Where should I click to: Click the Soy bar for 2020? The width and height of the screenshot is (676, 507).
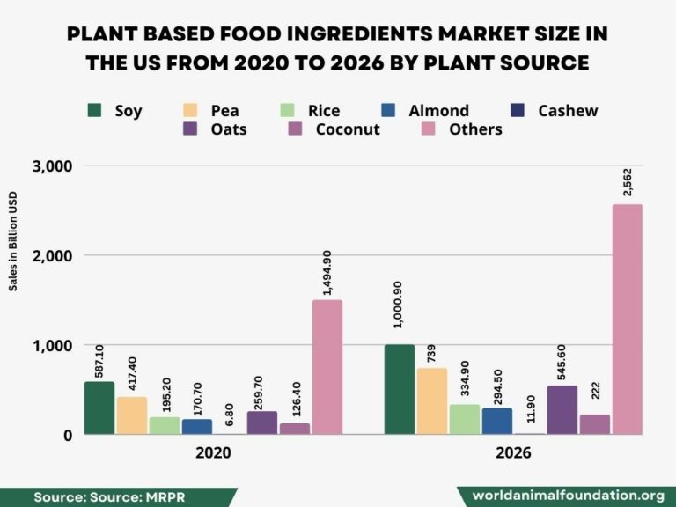coord(99,408)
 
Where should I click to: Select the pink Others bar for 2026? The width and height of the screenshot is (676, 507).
coord(628,320)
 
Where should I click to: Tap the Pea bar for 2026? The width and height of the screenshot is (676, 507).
coord(432,401)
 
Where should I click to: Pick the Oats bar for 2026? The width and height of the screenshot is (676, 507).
coord(562,410)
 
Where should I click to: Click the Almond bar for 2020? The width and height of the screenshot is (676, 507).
coord(197,427)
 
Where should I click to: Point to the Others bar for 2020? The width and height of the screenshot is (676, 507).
coord(327,367)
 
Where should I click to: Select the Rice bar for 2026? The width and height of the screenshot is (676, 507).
coord(465,419)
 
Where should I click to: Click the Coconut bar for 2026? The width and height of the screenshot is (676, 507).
coord(595,424)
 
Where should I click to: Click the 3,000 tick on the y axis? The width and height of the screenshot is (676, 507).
coord(53,166)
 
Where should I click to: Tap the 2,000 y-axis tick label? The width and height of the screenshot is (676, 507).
coord(53,256)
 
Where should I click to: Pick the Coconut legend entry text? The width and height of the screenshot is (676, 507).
coord(347,129)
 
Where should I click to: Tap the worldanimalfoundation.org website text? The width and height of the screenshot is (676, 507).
coord(568,496)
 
